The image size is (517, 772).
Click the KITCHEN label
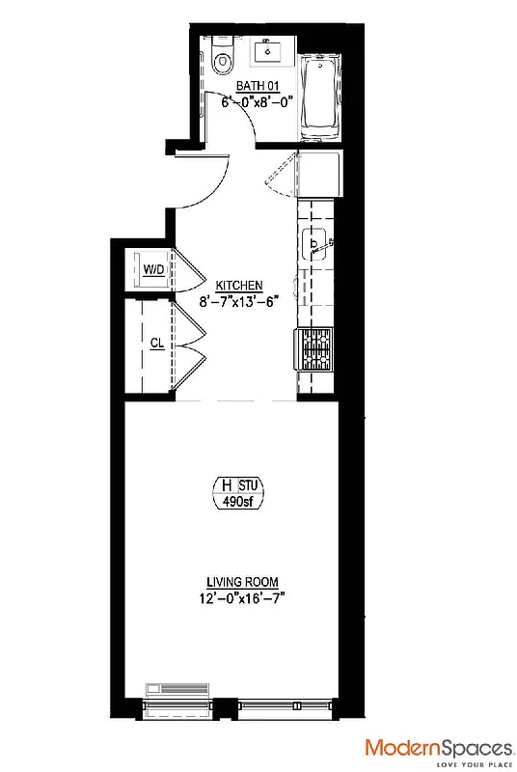coord(239,286)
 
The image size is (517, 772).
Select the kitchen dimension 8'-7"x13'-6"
coord(239,300)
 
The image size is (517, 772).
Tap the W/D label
coord(153,270)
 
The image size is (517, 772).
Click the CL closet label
coord(155,343)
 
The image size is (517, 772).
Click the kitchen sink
coord(314,245)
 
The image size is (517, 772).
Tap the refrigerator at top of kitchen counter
coord(316,175)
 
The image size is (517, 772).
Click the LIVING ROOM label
coord(242,582)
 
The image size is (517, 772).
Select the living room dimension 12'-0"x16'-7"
coord(242,597)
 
